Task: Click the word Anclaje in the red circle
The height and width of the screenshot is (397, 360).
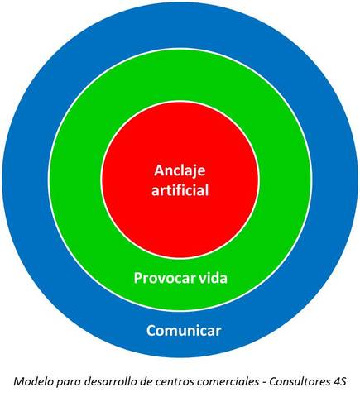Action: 180,171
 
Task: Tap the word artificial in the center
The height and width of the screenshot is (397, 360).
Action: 180,190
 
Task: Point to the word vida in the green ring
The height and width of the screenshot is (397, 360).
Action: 212,277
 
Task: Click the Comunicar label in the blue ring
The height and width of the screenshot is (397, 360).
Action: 184,331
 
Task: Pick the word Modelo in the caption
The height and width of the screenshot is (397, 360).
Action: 32,381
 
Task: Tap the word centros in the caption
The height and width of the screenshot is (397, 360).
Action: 173,381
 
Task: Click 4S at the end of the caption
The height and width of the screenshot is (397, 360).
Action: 340,381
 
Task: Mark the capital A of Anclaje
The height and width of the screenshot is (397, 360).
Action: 159,170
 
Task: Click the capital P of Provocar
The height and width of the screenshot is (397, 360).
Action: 137,277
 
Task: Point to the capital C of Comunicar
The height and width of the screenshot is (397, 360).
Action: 151,331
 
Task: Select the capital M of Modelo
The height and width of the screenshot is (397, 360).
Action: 17,381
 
